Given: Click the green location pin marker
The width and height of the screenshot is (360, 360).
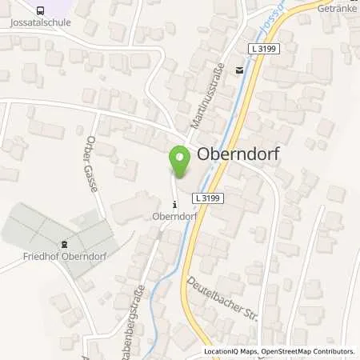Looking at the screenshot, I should (x=179, y=163).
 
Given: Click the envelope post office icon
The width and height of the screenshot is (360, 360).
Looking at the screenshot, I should (x=239, y=70).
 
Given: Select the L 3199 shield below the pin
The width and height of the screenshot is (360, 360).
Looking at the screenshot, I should (x=209, y=198).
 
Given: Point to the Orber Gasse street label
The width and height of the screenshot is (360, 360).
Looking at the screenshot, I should (x=90, y=170).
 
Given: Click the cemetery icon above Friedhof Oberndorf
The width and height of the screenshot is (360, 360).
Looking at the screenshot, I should (x=65, y=245).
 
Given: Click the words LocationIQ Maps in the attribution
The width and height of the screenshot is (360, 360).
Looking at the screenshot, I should (x=230, y=351).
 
